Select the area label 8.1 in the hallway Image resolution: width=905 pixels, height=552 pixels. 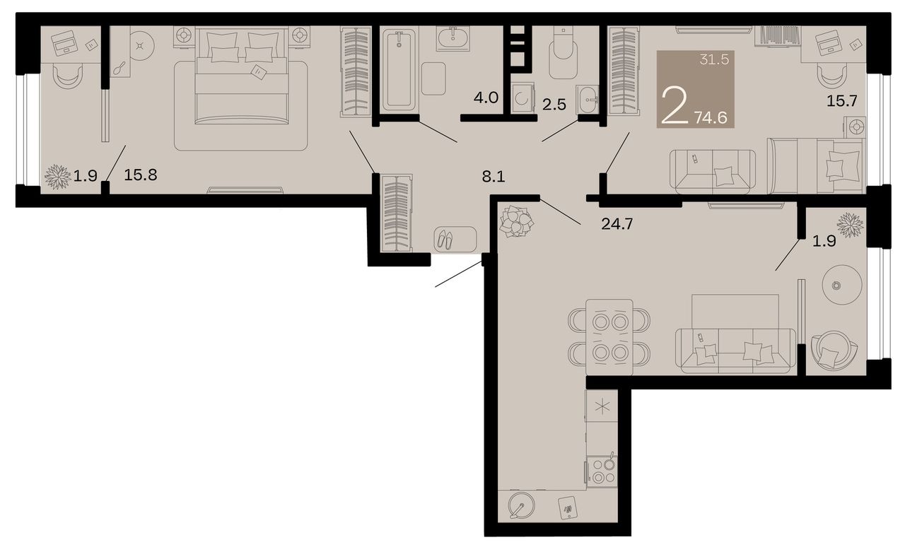coord(494,177)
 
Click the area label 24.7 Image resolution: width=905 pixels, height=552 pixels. coord(617,224)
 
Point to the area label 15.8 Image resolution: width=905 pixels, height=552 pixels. coord(141,175)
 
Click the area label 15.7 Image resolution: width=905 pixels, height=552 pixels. coord(841,100)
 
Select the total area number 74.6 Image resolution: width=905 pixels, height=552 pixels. coord(711,117)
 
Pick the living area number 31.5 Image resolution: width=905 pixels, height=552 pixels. coord(714,60)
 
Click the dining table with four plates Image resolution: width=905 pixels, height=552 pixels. coord(609,337)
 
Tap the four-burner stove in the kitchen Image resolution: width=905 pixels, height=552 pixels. coord(602,471)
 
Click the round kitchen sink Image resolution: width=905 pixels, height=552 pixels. coord(521,505)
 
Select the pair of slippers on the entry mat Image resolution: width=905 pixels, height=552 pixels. coord(445,240)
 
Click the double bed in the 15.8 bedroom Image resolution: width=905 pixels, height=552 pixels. coord(242,76)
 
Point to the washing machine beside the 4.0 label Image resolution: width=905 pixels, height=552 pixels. coord(522,98)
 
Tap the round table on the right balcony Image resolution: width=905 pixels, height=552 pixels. coord(842,285)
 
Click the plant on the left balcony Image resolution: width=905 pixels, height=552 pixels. coord(57,177)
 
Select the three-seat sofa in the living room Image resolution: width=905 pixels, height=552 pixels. coord(735,351)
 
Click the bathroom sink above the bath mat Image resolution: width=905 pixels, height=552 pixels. coord(453,39)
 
